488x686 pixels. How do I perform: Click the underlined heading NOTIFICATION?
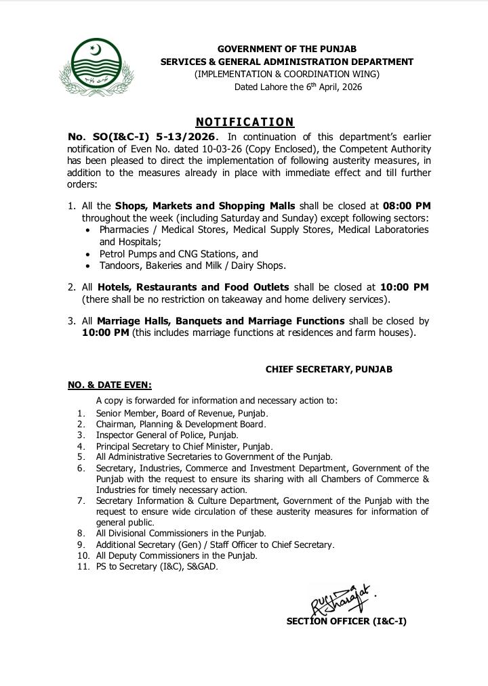click(x=245, y=122)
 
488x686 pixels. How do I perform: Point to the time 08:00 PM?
click(x=407, y=206)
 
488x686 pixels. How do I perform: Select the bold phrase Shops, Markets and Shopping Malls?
click(x=205, y=206)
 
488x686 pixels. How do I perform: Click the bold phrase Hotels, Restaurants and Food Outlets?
click(x=193, y=287)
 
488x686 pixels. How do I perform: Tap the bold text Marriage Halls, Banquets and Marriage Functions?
click(x=220, y=321)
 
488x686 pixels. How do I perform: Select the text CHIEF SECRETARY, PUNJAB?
click(x=329, y=370)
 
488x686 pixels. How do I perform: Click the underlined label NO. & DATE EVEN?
click(x=110, y=385)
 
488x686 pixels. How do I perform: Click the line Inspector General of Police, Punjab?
click(x=167, y=435)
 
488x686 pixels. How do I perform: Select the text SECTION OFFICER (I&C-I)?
click(x=346, y=621)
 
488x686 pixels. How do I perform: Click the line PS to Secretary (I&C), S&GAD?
click(x=157, y=566)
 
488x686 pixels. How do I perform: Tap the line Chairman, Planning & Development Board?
click(x=180, y=425)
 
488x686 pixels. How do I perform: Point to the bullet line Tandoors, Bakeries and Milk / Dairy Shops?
click(x=192, y=265)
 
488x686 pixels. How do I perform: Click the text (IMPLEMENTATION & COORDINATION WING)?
click(x=287, y=74)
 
